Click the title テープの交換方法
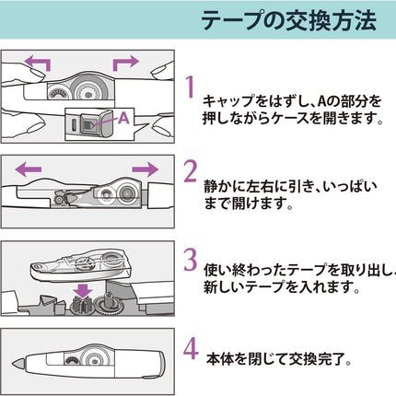click(x=288, y=20)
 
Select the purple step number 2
click(x=191, y=171)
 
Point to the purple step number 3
click(x=191, y=260)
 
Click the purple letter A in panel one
click(x=123, y=118)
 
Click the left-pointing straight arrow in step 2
click(x=29, y=169)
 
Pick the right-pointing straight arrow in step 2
click(x=146, y=169)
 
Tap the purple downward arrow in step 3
click(x=84, y=291)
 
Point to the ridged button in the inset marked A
click(x=87, y=123)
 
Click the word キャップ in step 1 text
click(x=228, y=101)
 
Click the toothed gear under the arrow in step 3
click(x=82, y=305)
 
